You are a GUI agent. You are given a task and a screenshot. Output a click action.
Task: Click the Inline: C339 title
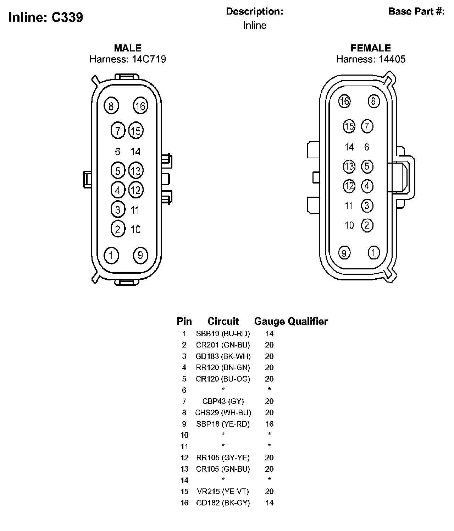(46, 17)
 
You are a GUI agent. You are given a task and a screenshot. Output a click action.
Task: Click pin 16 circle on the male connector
(140, 106)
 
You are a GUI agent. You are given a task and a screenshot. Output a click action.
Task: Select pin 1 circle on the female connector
(374, 253)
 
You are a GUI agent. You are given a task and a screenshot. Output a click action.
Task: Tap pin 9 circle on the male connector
(140, 255)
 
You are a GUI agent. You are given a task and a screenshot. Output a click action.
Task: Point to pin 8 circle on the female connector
(373, 102)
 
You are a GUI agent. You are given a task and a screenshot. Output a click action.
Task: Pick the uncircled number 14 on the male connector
(135, 152)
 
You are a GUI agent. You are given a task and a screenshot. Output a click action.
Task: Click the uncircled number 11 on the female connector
(349, 206)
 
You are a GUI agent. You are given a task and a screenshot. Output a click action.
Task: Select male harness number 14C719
(149, 59)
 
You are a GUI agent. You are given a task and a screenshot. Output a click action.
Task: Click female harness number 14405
(392, 59)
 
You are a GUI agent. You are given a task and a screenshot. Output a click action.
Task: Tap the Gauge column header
(270, 321)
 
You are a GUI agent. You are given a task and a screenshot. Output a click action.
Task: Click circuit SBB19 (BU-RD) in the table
(223, 334)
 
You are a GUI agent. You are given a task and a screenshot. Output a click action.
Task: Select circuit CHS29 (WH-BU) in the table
(223, 412)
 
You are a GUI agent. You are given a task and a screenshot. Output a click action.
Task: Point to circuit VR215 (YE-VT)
(223, 491)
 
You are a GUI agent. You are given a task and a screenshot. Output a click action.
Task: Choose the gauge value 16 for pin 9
(270, 424)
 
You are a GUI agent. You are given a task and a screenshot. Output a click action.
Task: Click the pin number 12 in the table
(184, 458)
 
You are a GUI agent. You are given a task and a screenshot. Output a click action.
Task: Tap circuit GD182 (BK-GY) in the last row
(223, 503)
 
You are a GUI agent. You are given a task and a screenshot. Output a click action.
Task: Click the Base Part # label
(416, 11)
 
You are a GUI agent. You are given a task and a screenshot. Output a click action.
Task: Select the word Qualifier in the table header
(308, 321)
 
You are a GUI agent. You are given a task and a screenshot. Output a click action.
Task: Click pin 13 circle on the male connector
(135, 171)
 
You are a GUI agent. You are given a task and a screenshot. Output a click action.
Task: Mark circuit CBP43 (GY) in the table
(223, 401)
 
